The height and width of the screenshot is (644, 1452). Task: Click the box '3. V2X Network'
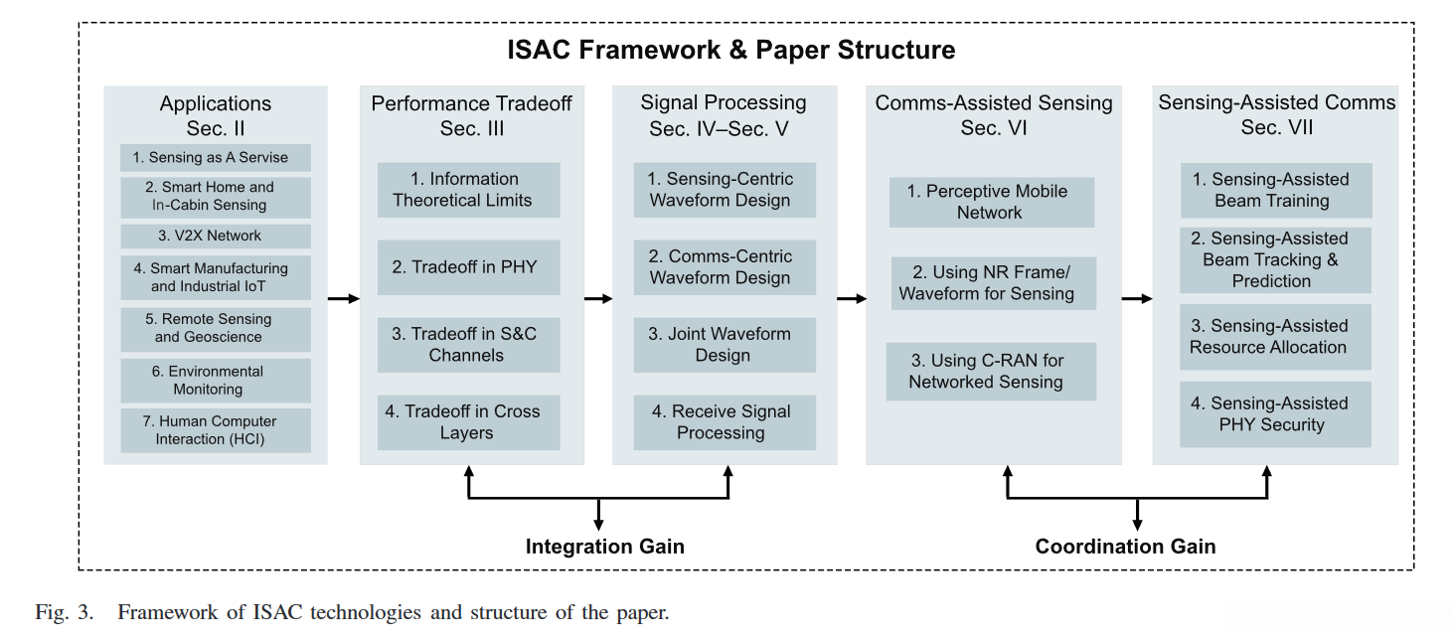click(x=216, y=236)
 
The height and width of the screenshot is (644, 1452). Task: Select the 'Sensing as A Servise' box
click(x=216, y=157)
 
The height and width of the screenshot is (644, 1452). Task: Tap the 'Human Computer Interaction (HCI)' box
click(x=216, y=430)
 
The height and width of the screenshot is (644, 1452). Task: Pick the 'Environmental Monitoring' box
click(x=216, y=381)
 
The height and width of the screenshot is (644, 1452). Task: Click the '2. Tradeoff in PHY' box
click(x=469, y=267)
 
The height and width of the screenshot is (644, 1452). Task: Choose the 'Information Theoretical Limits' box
click(x=469, y=190)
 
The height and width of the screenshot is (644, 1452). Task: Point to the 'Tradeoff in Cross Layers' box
click(x=469, y=422)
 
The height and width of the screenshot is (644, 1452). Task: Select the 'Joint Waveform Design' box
click(x=725, y=345)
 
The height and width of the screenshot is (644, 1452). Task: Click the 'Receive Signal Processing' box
click(x=725, y=422)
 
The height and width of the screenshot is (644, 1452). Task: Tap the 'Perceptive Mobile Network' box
click(x=992, y=202)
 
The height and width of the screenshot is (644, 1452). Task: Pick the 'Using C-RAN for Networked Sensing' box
click(x=991, y=372)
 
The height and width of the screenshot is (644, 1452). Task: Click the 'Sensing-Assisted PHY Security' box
click(x=1275, y=414)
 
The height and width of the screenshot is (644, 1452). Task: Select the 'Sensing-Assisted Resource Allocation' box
click(x=1275, y=337)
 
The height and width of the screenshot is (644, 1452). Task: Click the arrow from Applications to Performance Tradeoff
click(x=344, y=299)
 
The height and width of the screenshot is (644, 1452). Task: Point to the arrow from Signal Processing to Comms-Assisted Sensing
click(x=852, y=299)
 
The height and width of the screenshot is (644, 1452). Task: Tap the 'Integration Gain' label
click(x=605, y=547)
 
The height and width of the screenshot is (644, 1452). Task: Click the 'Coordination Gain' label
click(x=1125, y=547)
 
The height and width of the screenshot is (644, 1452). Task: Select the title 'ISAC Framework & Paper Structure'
click(x=731, y=50)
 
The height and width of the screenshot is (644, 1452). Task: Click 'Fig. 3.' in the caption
click(x=65, y=612)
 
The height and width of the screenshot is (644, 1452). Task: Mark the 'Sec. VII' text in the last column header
click(x=1277, y=127)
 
